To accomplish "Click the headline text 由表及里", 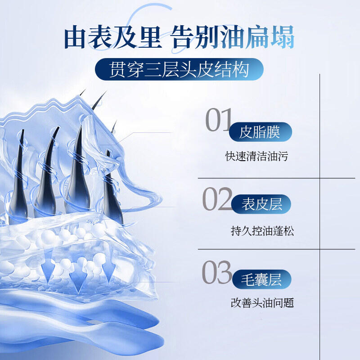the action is click(113, 37).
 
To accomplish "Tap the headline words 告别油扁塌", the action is click(232, 37).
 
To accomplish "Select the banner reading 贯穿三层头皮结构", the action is click(179, 69).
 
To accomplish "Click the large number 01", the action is click(219, 120).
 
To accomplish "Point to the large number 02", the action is click(217, 199).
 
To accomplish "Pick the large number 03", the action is click(217, 272).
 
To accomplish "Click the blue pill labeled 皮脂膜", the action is click(261, 132).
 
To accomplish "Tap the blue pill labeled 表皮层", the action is click(261, 204).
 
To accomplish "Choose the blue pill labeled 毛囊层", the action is click(262, 279).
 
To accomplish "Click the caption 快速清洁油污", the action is click(256, 156).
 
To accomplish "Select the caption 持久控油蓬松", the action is click(262, 231).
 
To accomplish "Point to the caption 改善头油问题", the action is click(262, 303).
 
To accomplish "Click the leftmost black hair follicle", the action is click(18, 179).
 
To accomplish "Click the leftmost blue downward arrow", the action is click(48, 266).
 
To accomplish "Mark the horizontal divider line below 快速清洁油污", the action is click(276, 178).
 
